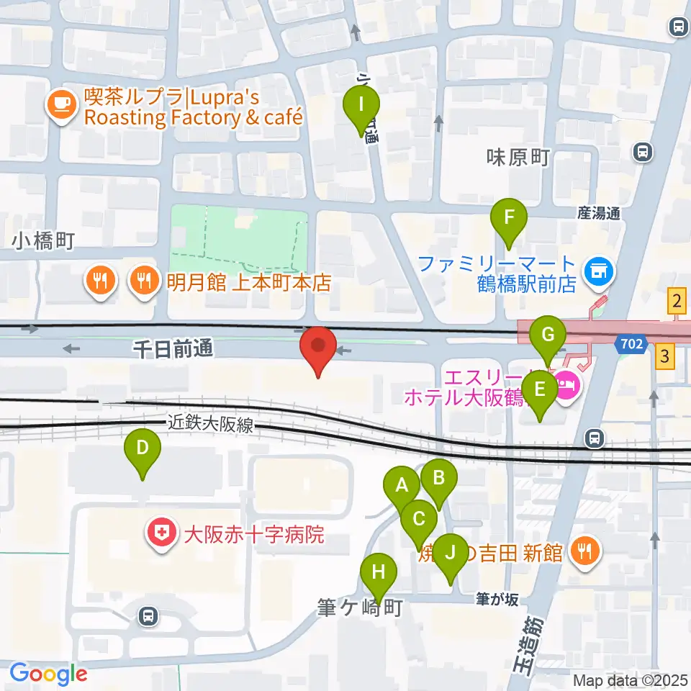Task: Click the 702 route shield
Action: tap(630, 345)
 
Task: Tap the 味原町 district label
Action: tap(518, 158)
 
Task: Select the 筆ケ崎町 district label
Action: tap(359, 608)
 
